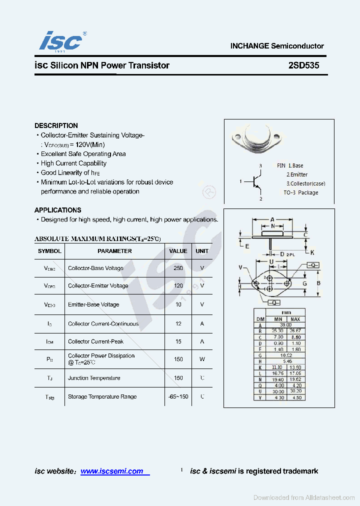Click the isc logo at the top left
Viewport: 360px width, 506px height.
coord(61,40)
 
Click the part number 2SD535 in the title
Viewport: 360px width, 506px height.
coord(303,65)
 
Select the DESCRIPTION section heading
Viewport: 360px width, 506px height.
coord(56,125)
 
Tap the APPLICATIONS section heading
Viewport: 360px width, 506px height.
coord(57,210)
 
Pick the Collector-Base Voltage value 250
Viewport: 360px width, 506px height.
coord(178,268)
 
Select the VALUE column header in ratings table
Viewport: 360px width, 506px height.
coord(178,251)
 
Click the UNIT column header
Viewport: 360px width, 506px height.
coord(202,251)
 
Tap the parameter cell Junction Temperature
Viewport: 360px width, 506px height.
coord(94,378)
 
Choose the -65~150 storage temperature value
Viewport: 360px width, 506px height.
coord(178,396)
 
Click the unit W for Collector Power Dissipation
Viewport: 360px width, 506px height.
coord(202,359)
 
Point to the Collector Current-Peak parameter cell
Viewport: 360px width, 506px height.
coord(95,341)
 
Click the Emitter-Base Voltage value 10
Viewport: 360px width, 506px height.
coord(178,304)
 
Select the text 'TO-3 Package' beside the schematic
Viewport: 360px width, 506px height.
coord(300,192)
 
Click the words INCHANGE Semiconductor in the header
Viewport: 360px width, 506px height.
coord(277,46)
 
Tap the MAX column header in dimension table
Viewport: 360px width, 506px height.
coord(295,319)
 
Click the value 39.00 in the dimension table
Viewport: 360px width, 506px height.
coord(285,325)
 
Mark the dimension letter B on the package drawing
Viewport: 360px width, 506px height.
coord(318,283)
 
